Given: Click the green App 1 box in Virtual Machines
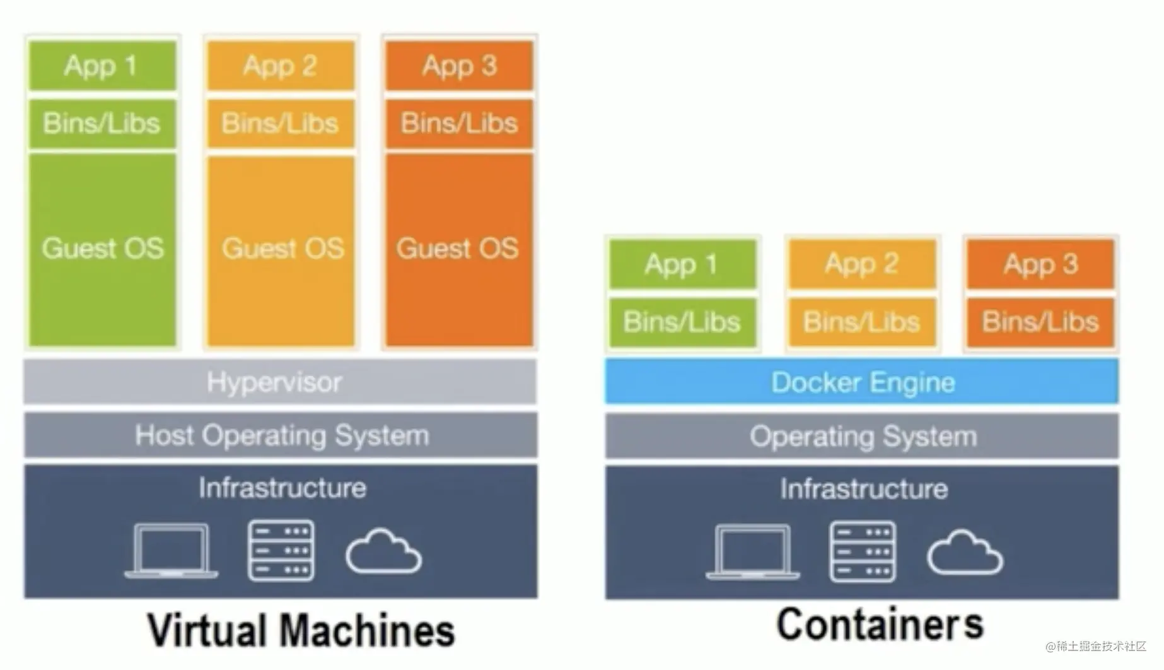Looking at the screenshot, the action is click(x=103, y=66).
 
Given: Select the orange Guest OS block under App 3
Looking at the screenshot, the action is click(x=459, y=249).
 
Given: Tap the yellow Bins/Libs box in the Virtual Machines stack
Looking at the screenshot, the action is click(x=281, y=123).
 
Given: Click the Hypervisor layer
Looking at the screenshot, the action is click(x=281, y=382).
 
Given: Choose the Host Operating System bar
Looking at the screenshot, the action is click(x=281, y=435).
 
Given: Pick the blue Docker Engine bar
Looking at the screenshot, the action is click(x=862, y=382).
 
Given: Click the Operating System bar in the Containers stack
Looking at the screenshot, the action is click(x=862, y=436).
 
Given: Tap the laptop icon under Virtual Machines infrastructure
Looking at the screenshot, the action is click(x=171, y=550).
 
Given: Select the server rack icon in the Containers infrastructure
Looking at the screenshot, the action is click(x=863, y=551).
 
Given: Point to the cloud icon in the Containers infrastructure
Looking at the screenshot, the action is click(x=965, y=553).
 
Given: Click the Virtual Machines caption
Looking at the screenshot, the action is click(x=301, y=630).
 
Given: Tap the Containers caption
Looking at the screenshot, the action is click(x=880, y=624).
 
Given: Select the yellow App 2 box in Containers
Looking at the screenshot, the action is click(x=862, y=264).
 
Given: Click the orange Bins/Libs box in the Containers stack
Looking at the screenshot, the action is click(x=1041, y=322).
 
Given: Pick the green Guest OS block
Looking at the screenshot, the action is click(x=103, y=249).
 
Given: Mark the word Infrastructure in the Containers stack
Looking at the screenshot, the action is click(x=864, y=489).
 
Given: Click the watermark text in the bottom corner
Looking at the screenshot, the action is click(x=1095, y=646).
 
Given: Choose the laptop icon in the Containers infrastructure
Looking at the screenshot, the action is click(x=753, y=551).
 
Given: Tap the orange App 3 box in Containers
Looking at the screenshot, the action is click(x=1041, y=264).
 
